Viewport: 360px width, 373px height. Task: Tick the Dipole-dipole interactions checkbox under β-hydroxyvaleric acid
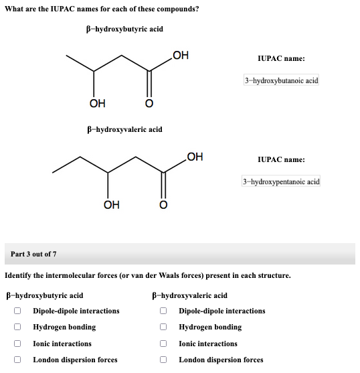point(163,311)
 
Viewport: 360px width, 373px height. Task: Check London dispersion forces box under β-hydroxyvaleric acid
point(163,360)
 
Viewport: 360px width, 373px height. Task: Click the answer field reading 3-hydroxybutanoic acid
point(281,80)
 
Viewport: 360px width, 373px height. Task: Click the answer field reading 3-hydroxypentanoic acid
point(281,181)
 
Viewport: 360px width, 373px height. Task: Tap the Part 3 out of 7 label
point(34,254)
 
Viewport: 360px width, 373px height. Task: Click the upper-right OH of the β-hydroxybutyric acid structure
point(180,55)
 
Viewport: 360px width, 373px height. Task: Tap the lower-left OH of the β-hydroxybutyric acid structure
point(97,102)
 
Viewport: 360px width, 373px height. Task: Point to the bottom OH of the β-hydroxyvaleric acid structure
point(112,204)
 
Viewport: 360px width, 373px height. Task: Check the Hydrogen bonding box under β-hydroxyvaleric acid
point(163,327)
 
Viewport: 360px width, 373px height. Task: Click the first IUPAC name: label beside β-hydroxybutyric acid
point(281,59)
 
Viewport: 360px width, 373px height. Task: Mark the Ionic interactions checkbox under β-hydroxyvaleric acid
point(163,344)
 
